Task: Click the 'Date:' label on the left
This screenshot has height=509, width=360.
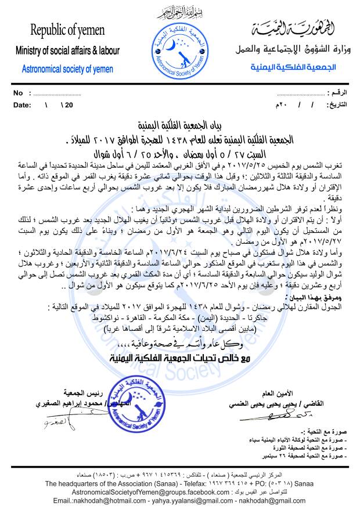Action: [x=21, y=105]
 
